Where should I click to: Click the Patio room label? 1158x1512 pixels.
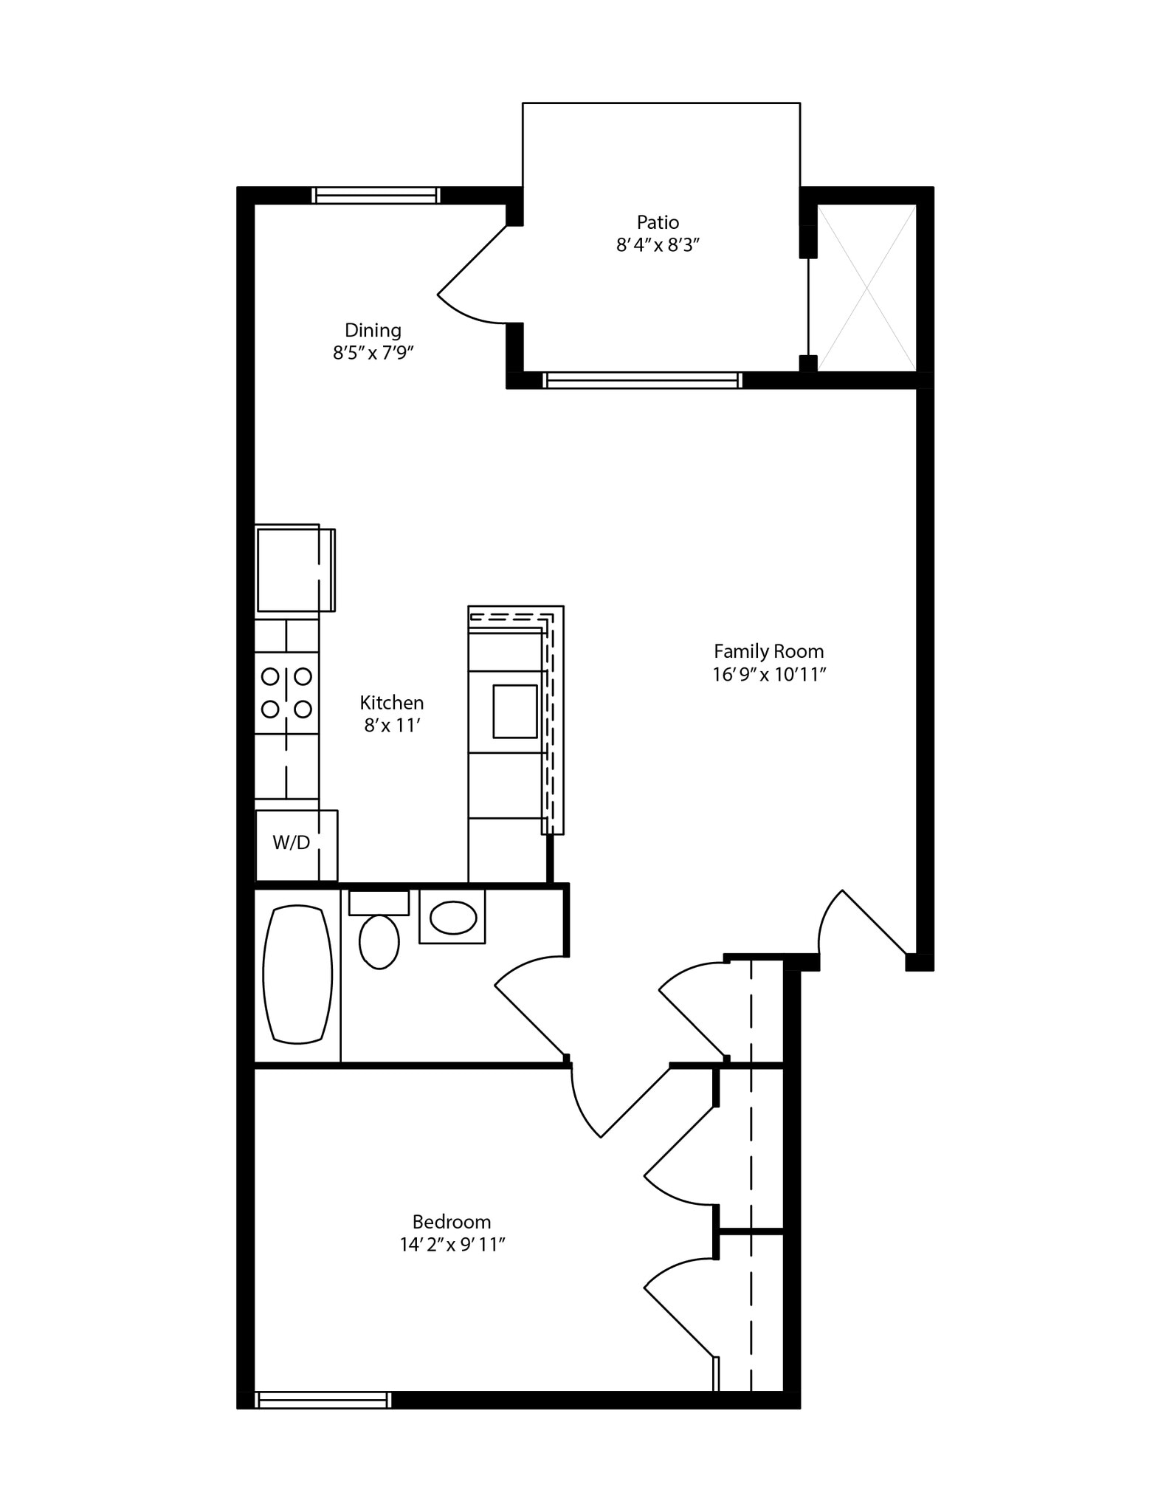(657, 221)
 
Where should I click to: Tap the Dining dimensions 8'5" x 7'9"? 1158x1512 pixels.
(372, 353)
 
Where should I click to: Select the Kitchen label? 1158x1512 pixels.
(391, 702)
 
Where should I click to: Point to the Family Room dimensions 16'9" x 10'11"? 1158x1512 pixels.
(768, 674)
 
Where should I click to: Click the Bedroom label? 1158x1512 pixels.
(451, 1222)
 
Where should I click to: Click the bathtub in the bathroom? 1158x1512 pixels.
(297, 974)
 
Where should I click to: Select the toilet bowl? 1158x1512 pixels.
(379, 941)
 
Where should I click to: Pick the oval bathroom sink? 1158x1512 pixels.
(452, 918)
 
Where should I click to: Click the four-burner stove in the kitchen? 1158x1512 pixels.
(286, 693)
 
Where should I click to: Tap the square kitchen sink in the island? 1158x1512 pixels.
(514, 711)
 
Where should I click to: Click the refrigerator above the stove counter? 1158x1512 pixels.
(292, 568)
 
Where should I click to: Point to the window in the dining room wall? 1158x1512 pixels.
(375, 196)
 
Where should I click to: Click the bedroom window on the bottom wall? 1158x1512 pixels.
(323, 1400)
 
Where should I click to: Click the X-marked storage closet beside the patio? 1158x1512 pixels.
(866, 288)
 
